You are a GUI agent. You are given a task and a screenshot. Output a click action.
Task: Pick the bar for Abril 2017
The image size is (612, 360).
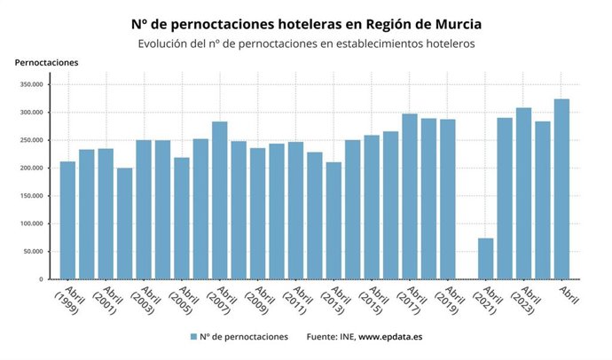409,196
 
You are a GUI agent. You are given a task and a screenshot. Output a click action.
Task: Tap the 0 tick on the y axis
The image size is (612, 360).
41,279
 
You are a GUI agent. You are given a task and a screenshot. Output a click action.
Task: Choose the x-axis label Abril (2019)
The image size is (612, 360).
446,301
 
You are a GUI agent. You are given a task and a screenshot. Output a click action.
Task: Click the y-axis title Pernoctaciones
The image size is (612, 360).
47,62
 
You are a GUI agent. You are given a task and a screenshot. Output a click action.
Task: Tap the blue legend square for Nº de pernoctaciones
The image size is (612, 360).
192,337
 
